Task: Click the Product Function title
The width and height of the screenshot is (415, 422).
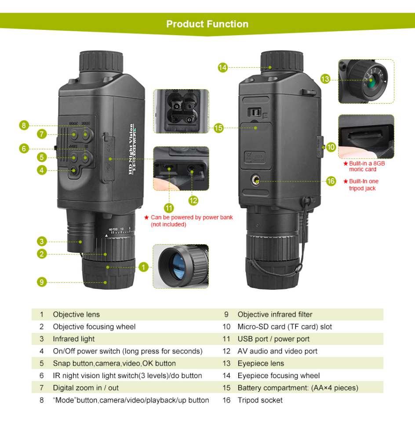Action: pos(207,24)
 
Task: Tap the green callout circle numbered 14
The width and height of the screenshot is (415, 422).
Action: pos(223,67)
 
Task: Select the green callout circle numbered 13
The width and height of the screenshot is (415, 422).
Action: pos(325,79)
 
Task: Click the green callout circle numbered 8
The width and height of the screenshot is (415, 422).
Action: pos(24,125)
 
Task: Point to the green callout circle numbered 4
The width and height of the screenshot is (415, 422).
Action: pos(42,170)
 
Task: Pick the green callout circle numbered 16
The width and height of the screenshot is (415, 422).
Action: pos(331,181)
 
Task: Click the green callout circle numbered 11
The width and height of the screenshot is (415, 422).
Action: pos(169,208)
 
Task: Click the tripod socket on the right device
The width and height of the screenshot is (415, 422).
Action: pos(256,179)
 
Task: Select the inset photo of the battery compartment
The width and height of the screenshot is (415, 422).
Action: pos(181,111)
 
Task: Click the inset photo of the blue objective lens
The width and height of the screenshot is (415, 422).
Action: pos(181,267)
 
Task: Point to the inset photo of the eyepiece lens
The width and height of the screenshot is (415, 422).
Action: pos(366,82)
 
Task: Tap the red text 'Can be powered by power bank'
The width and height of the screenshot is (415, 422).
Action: pos(191,217)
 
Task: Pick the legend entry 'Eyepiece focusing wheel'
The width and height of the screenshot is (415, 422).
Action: pos(278,375)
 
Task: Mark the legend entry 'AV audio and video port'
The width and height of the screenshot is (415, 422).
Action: pos(277,351)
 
